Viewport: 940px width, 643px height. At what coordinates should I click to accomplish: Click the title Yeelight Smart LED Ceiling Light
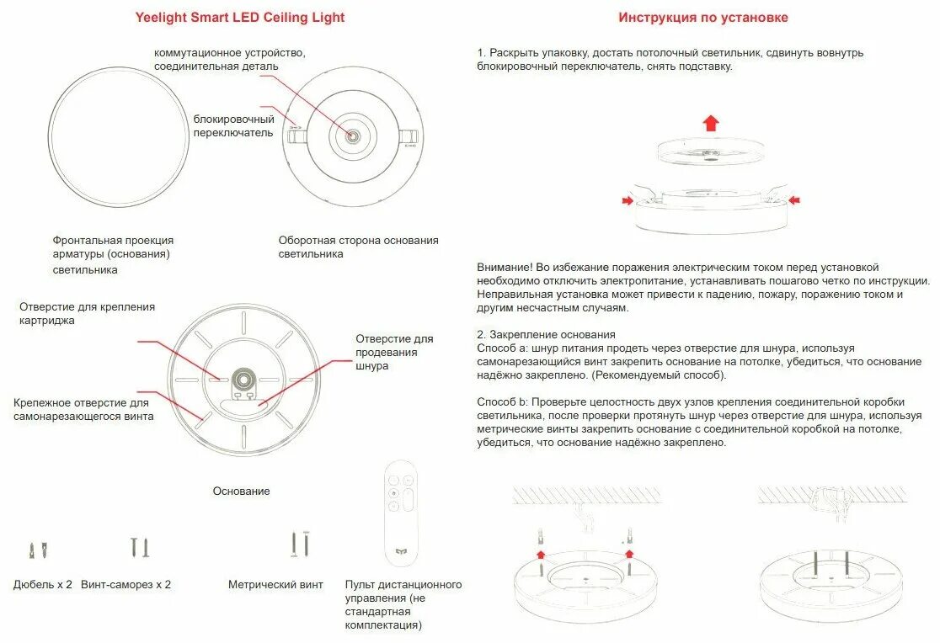pyautogui.click(x=240, y=18)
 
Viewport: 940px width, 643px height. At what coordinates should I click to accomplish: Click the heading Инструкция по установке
pyautogui.click(x=703, y=18)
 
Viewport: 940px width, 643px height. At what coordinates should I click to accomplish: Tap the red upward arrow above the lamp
pyautogui.click(x=711, y=123)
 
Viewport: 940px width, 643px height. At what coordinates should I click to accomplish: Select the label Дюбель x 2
pyautogui.click(x=43, y=584)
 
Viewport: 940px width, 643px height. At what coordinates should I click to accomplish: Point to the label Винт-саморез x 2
pyautogui.click(x=126, y=584)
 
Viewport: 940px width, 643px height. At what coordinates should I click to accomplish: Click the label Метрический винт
pyautogui.click(x=275, y=584)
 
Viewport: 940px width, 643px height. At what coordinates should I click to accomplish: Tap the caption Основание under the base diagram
pyautogui.click(x=241, y=491)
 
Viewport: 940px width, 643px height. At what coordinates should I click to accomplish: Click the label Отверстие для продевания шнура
pyautogui.click(x=394, y=353)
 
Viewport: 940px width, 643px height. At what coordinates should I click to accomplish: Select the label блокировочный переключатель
pyautogui.click(x=233, y=125)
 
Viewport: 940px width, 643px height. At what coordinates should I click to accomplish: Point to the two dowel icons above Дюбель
pyautogui.click(x=38, y=550)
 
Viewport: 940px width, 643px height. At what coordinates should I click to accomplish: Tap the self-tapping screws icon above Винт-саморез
pyautogui.click(x=140, y=547)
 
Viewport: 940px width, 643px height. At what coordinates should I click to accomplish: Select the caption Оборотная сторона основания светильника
pyautogui.click(x=358, y=247)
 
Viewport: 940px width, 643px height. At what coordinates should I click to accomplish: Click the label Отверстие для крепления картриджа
pyautogui.click(x=87, y=314)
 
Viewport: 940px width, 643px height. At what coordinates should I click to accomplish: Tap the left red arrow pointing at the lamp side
pyautogui.click(x=627, y=200)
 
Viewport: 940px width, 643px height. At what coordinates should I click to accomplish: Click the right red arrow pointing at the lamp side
pyautogui.click(x=794, y=200)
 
